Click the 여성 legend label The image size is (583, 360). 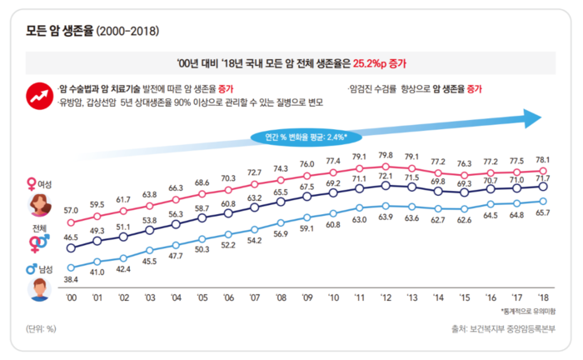click(x=44, y=183)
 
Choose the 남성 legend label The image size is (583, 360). click(x=44, y=269)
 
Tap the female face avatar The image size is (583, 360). click(x=38, y=203)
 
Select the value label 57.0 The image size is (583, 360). click(x=72, y=211)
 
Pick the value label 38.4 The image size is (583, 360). click(x=72, y=281)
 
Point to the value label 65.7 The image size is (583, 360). click(x=541, y=214)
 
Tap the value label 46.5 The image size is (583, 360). click(x=72, y=237)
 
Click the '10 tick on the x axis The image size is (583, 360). click(x=333, y=297)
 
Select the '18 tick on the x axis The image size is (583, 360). click(x=542, y=297)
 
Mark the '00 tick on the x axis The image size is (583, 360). click(x=72, y=297)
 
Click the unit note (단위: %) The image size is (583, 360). click(x=39, y=328)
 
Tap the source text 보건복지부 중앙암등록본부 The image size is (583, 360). click(x=510, y=328)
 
